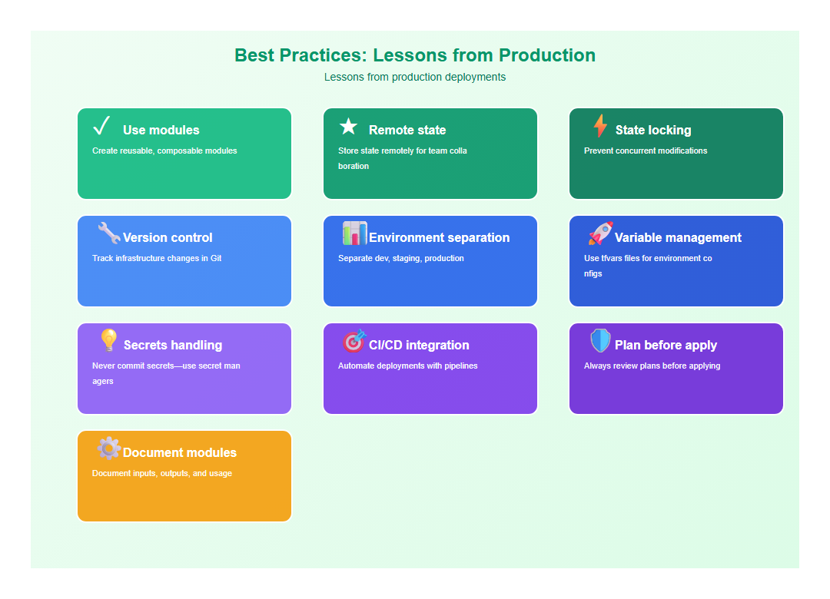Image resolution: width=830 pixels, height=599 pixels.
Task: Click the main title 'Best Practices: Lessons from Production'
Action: pos(415,55)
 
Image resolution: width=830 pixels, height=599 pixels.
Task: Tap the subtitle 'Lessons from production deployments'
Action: pos(415,77)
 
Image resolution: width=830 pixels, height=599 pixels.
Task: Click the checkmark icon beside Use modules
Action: pos(102,126)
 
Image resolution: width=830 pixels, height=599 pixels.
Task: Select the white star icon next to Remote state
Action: pos(348,127)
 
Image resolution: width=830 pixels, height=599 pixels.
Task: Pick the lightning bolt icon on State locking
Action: pos(600,126)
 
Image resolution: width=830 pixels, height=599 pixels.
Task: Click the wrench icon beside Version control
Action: pos(109,233)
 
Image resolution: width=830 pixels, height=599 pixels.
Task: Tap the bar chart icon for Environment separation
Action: pos(354,233)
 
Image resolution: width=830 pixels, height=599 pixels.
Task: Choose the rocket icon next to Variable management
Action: pos(600,233)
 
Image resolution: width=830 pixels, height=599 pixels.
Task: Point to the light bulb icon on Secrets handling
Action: pos(109,341)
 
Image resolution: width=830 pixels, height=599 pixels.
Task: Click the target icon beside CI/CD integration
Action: pos(354,341)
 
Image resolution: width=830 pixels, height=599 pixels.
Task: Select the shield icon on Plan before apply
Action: pos(600,341)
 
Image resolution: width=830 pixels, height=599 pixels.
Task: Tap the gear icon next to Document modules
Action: pos(109,448)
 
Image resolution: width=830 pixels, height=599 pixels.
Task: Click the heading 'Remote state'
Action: pos(407,131)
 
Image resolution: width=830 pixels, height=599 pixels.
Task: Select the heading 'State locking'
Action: pos(653,131)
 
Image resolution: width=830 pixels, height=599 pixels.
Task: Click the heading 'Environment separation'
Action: pos(439,238)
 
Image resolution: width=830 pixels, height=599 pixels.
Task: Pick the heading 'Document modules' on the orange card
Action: pos(180,453)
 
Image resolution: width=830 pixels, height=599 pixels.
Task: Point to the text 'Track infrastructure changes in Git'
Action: pos(157,258)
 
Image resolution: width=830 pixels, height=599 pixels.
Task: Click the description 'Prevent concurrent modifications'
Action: pos(646,151)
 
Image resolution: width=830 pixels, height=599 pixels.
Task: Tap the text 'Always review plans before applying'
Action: pos(652,366)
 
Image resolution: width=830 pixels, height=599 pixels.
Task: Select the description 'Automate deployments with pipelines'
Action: pos(408,366)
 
